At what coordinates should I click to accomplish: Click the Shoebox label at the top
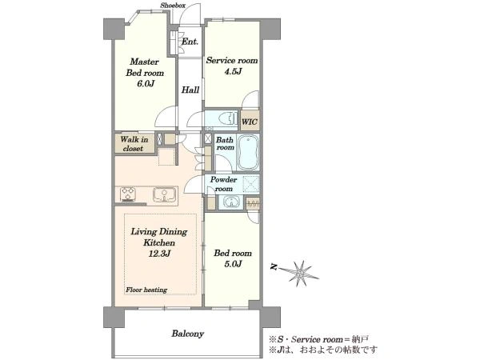173,6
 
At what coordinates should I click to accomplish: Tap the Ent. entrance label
190,42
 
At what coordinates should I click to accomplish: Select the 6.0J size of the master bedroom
146,83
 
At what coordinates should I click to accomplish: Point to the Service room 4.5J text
232,66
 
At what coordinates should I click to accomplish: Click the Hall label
190,90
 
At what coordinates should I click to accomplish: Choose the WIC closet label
250,122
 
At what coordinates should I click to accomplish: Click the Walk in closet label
134,144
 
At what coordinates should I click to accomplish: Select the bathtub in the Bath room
248,152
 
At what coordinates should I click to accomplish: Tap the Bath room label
225,143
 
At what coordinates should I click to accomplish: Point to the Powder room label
223,184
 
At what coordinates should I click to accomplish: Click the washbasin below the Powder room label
230,202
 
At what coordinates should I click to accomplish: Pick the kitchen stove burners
128,194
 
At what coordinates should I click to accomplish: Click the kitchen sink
165,194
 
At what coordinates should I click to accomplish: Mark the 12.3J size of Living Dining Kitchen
159,254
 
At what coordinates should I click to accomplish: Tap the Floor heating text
146,290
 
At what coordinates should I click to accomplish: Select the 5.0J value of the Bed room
233,263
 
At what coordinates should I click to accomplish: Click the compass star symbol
300,274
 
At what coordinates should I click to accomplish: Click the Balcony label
188,334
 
